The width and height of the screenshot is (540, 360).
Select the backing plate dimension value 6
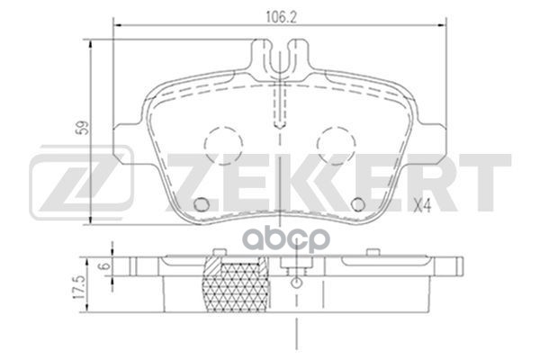point(104,267)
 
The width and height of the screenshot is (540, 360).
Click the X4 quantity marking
point(424,206)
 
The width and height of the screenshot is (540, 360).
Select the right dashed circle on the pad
point(336,142)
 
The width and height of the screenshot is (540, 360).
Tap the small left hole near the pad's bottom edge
point(202,202)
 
